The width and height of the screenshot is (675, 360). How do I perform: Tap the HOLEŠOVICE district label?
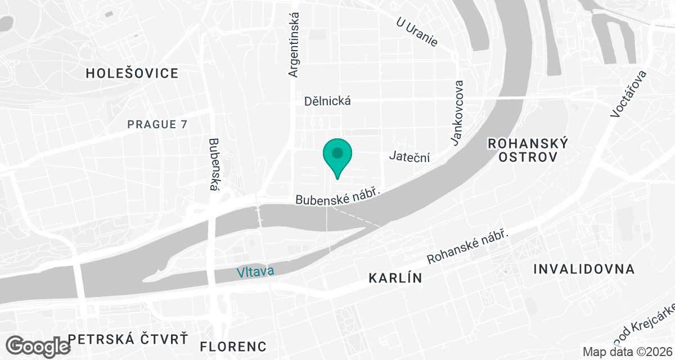tap(132, 73)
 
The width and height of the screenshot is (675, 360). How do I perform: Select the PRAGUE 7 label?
tap(157, 124)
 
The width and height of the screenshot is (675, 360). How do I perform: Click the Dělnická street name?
tap(327, 101)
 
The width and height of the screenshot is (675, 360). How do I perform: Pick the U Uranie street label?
tap(417, 32)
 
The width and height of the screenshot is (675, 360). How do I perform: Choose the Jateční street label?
tap(409, 157)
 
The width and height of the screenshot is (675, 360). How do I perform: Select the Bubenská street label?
tap(213, 164)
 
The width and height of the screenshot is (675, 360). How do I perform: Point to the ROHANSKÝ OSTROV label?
tap(528, 150)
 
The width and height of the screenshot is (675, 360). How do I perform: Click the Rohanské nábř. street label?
tap(468, 247)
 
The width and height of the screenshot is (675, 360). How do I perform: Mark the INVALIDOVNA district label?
tap(584, 269)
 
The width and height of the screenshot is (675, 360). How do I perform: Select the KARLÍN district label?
tap(395, 278)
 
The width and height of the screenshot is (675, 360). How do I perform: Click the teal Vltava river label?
tap(255, 272)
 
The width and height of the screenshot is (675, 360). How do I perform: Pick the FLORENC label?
tap(233, 345)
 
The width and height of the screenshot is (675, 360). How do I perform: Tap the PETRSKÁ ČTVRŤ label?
tap(127, 339)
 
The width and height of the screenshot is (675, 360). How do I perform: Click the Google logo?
tap(39, 345)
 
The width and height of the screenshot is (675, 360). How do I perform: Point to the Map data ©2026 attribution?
tap(627, 352)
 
